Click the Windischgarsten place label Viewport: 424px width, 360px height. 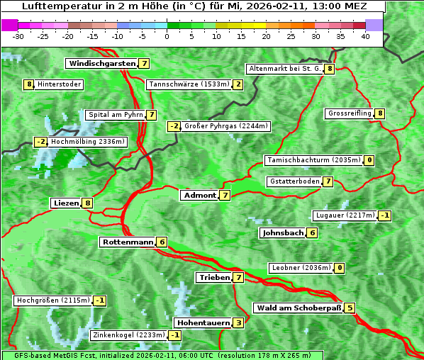pos(101,64)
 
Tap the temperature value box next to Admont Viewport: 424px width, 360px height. pos(225,195)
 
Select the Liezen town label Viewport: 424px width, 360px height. pos(66,203)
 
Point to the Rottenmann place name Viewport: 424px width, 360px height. pos(128,242)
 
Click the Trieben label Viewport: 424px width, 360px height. pos(214,278)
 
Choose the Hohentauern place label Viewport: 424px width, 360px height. pos(203,323)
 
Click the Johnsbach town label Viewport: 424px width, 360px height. pos(283,233)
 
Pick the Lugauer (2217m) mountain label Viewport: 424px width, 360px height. pos(345,215)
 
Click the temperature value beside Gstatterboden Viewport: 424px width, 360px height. pos(328,182)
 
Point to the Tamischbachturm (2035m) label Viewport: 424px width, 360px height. pos(313,160)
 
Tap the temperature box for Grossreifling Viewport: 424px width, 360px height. pos(380,113)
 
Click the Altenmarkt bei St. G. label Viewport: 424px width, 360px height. pos(284,69)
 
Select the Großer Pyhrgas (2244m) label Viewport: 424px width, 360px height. pos(226,126)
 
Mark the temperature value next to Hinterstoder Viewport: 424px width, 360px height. pos(29,85)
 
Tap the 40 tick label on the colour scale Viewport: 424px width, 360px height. pos(365,36)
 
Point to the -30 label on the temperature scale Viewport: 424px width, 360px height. pos(18,36)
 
